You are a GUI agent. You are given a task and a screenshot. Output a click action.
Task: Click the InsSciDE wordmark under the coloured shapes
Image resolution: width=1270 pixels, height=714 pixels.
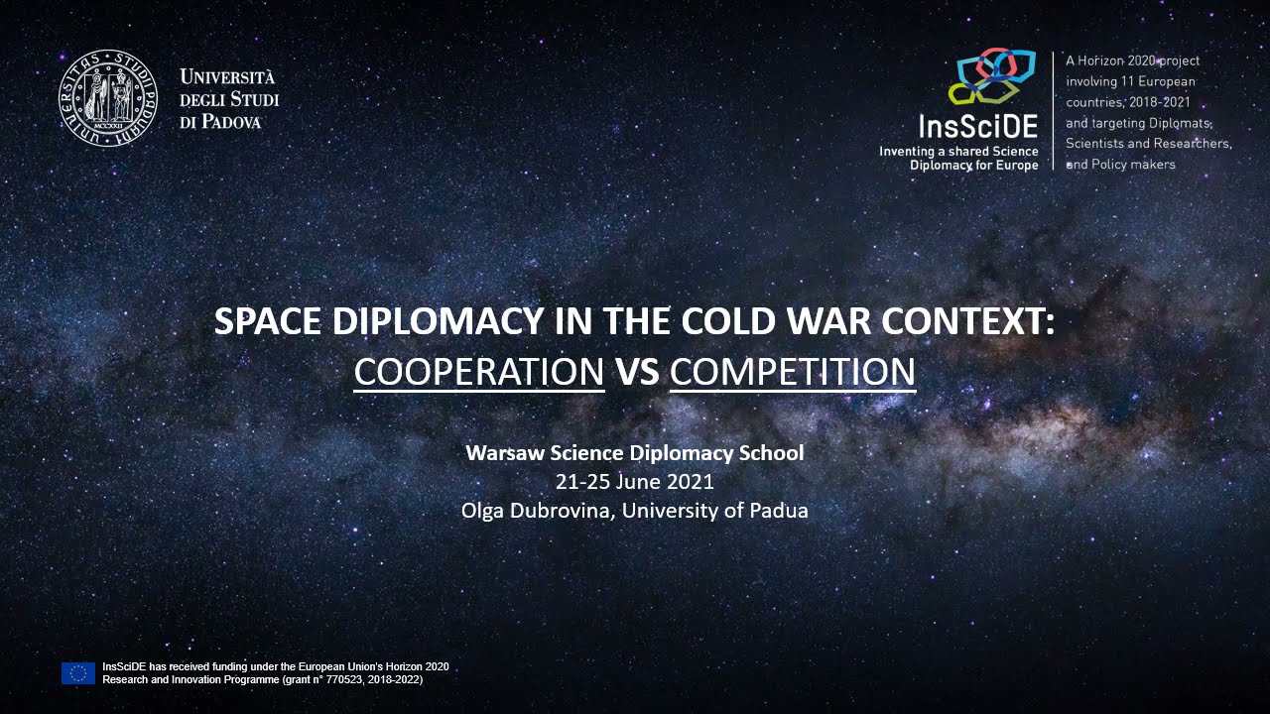978,127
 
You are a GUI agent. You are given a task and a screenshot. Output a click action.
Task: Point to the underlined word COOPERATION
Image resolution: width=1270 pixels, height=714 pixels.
479,372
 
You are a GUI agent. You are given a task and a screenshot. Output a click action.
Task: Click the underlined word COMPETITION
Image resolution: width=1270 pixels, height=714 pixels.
792,372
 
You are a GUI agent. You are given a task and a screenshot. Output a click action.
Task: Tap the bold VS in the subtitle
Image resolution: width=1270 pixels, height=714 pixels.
637,372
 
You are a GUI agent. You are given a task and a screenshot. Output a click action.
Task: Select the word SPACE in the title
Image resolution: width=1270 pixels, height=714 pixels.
267,321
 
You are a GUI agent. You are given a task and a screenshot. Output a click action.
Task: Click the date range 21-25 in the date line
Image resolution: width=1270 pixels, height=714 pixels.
579,482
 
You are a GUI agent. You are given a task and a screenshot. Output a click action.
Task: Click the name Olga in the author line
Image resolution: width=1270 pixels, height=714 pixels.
483,511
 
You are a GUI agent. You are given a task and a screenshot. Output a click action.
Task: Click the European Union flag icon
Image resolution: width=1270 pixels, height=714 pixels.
78,673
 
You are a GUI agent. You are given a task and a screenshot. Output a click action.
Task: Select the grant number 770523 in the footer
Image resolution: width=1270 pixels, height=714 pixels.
317,679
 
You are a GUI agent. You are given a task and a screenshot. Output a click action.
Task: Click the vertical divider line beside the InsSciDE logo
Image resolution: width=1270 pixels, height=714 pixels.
1053,111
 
